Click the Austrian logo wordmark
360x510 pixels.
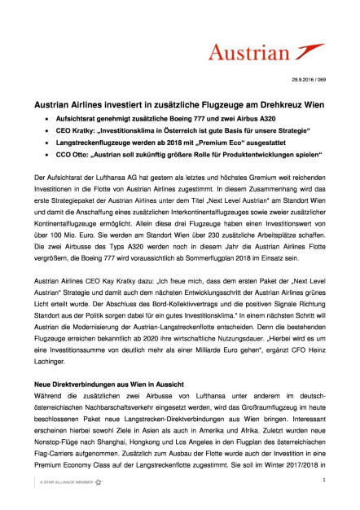260,54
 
